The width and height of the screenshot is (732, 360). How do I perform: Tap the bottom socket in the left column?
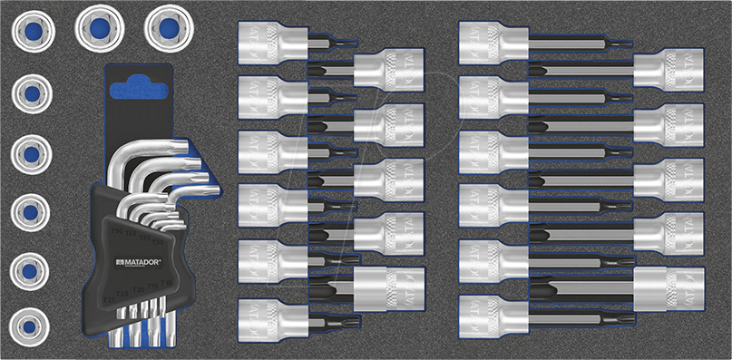31,323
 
